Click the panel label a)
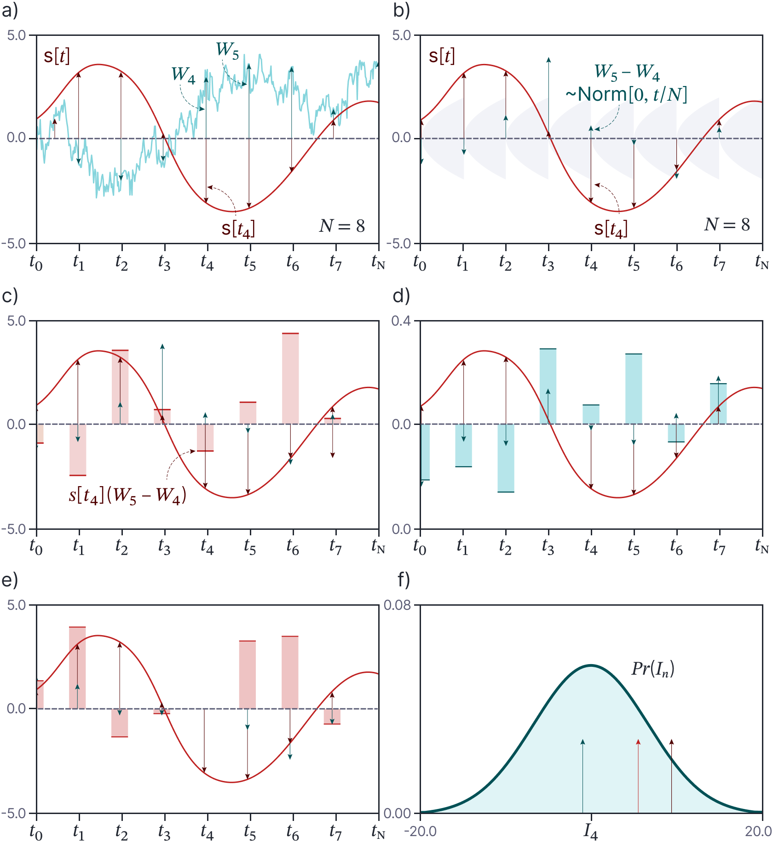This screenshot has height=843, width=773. click(10, 10)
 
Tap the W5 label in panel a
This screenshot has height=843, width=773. click(228, 50)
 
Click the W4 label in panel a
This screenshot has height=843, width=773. click(184, 75)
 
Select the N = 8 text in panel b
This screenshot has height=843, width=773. click(727, 225)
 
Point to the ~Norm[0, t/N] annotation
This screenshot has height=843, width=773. click(626, 95)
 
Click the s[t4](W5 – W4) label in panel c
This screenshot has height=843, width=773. click(127, 496)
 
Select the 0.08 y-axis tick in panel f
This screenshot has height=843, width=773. click(397, 606)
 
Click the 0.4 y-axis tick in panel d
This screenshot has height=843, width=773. click(401, 321)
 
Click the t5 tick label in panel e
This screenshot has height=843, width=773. click(250, 831)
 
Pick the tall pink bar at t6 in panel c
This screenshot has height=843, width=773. click(290, 378)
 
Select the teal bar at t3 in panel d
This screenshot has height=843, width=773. click(548, 386)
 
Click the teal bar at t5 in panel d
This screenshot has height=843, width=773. click(634, 389)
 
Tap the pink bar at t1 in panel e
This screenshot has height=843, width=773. click(77, 667)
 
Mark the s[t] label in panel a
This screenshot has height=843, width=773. click(57, 56)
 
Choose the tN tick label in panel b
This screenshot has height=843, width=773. click(762, 263)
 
